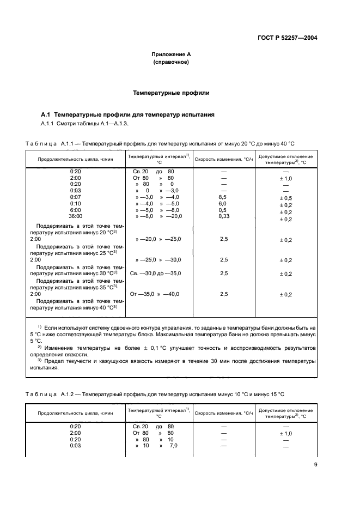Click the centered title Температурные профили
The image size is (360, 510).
[171, 93]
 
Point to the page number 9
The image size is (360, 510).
[315, 464]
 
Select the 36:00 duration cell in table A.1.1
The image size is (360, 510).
[76, 216]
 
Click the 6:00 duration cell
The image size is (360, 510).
[76, 210]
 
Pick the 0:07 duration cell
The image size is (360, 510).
[76, 197]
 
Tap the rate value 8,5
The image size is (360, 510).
[222, 197]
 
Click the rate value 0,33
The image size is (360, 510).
[223, 216]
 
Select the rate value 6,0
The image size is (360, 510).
[222, 203]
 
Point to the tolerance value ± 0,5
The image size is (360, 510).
[286, 198]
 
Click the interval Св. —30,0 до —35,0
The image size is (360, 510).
[156, 274]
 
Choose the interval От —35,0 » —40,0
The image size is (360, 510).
[156, 294]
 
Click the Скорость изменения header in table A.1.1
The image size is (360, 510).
[224, 159]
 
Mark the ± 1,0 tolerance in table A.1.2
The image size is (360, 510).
[286, 433]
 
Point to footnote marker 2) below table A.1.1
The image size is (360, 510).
[39, 347]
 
